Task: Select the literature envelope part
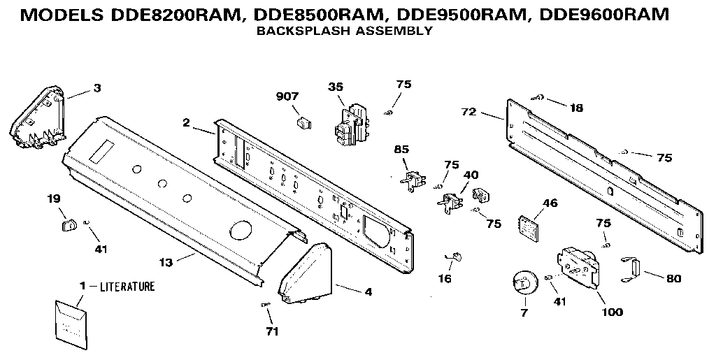click(x=69, y=320)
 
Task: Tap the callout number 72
click(x=468, y=111)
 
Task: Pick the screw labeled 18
click(x=539, y=99)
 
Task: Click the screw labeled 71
click(x=266, y=305)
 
